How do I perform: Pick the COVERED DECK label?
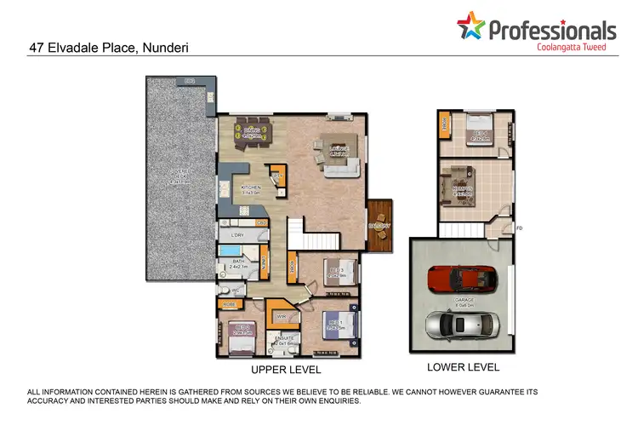[x=179, y=177]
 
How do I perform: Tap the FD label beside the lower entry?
[x=520, y=227]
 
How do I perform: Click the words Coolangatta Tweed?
[x=571, y=47]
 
